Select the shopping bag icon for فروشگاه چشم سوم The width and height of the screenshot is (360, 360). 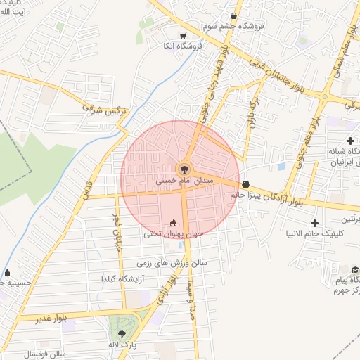pos(233,15)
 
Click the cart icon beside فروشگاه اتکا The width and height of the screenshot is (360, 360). pos(183,36)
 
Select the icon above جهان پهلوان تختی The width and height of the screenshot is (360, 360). pos(174,222)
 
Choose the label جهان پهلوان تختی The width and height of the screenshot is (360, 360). pos(173,233)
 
